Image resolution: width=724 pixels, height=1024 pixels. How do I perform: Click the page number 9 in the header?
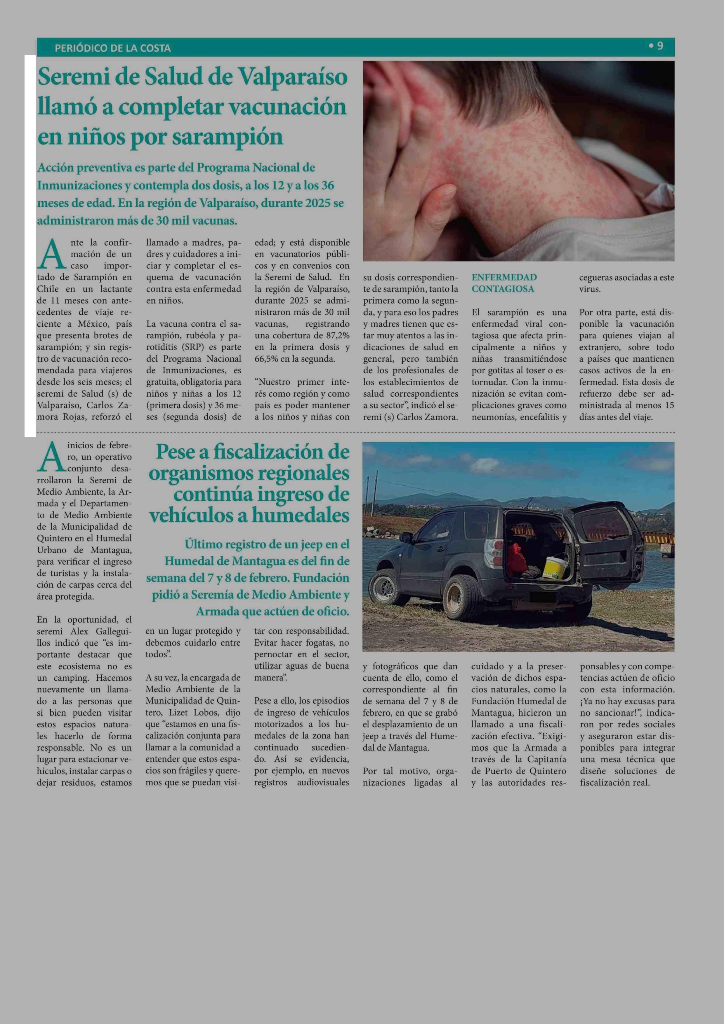coord(659,46)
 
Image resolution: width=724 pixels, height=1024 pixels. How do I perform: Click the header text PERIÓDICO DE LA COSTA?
coord(112,48)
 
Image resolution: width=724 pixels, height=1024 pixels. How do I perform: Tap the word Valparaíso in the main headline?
coord(293,77)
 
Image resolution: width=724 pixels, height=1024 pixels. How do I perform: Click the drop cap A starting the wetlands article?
coord(51,457)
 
